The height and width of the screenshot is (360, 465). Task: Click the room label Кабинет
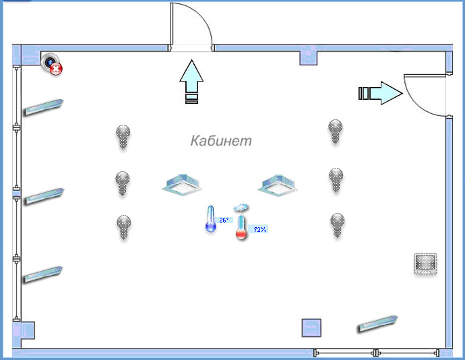[220, 140]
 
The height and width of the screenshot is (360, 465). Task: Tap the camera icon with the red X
[52, 64]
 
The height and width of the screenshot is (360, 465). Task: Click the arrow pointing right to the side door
[379, 93]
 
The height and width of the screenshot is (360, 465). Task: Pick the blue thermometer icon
[210, 219]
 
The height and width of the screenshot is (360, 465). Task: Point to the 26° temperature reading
[224, 220]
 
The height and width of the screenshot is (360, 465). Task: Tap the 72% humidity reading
[259, 229]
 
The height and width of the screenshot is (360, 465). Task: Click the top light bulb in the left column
[123, 136]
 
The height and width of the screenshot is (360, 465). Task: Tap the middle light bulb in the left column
[122, 183]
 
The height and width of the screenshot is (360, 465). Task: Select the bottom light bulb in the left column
[123, 227]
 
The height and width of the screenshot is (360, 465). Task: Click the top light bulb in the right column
[335, 131]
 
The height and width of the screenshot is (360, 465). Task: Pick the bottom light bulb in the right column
[338, 224]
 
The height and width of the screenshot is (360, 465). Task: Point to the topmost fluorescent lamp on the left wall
[44, 106]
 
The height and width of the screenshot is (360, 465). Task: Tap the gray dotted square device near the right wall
[425, 264]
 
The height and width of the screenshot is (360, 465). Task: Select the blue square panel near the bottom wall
[311, 327]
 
